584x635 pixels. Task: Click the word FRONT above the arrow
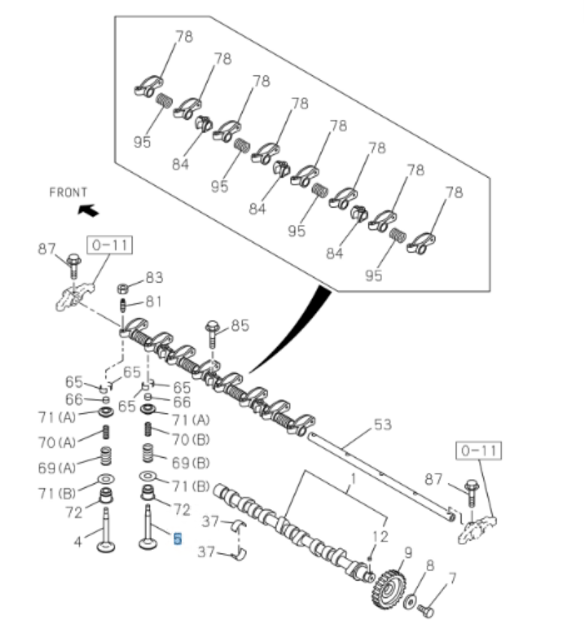coord(68,193)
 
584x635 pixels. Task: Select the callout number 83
coord(154,278)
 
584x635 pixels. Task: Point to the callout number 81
coord(154,301)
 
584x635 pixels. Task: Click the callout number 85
coord(240,325)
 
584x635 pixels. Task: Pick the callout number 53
coord(382,425)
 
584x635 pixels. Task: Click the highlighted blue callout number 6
coord(177,540)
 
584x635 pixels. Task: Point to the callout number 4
coord(78,542)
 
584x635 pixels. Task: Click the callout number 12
coord(380,536)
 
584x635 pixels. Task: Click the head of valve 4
coord(106,547)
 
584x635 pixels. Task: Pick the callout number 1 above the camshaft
coord(352,480)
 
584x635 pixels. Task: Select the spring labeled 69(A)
coord(106,456)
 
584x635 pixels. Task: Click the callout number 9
coord(408,552)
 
